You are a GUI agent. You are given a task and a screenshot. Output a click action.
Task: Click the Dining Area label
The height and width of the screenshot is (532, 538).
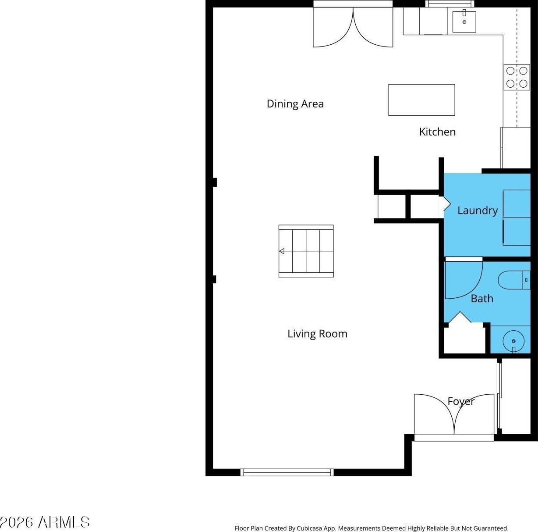295,104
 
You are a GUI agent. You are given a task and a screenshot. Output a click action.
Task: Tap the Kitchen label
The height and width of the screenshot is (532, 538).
437,132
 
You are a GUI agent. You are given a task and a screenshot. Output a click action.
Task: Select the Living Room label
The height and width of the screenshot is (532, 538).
318,333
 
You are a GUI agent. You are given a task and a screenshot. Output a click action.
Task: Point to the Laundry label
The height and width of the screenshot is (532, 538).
478,210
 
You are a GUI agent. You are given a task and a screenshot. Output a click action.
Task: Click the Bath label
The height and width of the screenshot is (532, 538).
482,298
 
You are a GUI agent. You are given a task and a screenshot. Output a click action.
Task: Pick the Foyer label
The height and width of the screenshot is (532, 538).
461,401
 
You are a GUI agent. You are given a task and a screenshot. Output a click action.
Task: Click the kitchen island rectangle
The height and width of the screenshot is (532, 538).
421,100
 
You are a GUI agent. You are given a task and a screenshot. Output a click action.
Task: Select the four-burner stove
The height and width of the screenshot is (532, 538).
517,77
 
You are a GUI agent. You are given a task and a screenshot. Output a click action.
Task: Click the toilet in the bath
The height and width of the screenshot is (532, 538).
514,280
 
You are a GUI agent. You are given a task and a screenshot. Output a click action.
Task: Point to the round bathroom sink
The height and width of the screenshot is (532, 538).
513,341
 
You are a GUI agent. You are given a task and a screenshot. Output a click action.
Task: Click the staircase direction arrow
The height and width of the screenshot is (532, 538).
282,251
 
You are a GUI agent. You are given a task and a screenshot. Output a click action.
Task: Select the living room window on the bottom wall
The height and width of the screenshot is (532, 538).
287,472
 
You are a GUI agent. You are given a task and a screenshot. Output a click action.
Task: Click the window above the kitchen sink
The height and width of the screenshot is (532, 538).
450,4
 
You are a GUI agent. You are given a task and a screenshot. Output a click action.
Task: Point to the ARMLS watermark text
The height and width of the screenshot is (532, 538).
45,522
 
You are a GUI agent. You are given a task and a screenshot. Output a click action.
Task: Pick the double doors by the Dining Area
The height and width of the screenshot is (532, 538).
353,27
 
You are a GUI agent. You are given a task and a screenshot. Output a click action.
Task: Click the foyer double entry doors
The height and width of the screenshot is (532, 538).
454,414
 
